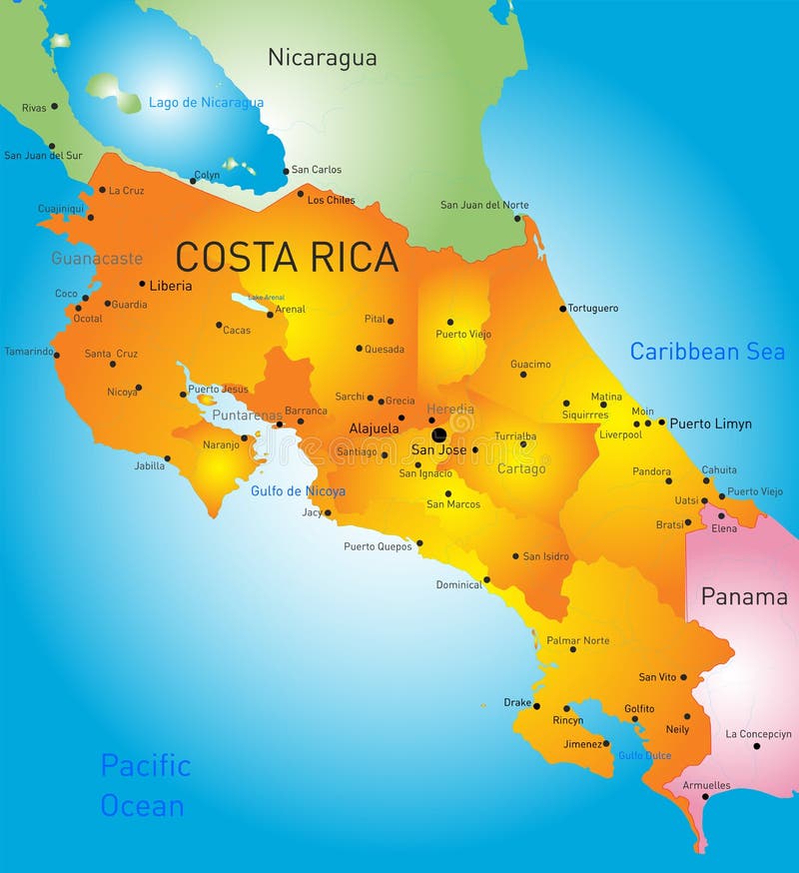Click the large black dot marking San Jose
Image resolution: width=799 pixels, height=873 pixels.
[438, 435]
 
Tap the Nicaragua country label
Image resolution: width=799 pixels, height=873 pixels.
[323, 58]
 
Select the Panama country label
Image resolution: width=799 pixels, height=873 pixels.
[744, 597]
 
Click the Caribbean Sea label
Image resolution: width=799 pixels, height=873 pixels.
[707, 352]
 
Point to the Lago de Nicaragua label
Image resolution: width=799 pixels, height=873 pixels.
[206, 103]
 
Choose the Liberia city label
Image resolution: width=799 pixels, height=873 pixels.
[170, 286]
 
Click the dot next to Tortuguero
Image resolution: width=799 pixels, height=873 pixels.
[563, 309]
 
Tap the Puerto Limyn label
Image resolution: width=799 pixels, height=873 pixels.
[710, 424]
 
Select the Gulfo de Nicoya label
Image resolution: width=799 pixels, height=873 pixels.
[298, 490]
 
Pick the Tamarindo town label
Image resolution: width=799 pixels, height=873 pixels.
[28, 352]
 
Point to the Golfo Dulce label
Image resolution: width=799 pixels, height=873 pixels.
[644, 756]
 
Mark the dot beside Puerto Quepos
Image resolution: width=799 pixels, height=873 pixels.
[419, 543]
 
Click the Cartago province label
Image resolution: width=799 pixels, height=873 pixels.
[521, 468]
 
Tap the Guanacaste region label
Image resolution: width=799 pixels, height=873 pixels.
[97, 259]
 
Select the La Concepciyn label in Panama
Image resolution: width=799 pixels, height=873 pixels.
[758, 734]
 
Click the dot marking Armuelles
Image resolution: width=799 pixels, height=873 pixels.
[706, 797]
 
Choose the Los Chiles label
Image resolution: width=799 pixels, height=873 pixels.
[331, 200]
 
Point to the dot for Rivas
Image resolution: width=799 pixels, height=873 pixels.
[54, 106]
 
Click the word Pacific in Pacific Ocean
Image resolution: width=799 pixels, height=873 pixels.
[145, 766]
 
